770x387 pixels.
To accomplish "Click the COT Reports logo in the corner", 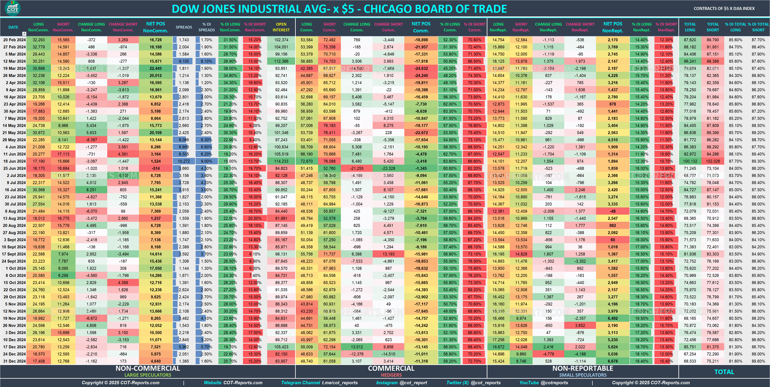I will [x=12, y=8].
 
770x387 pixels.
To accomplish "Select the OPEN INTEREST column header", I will [x=281, y=27].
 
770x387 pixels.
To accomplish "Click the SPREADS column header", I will [x=184, y=27].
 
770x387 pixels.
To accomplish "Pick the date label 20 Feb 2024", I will [x=14, y=40].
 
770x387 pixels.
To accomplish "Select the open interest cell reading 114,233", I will [x=281, y=161].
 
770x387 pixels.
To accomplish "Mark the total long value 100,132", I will [x=690, y=161].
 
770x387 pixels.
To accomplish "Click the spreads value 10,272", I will [x=184, y=161].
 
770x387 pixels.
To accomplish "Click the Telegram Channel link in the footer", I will [x=300, y=382].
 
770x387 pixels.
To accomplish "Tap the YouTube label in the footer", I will [x=529, y=382].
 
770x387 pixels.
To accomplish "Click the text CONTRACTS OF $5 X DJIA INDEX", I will [x=724, y=8].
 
